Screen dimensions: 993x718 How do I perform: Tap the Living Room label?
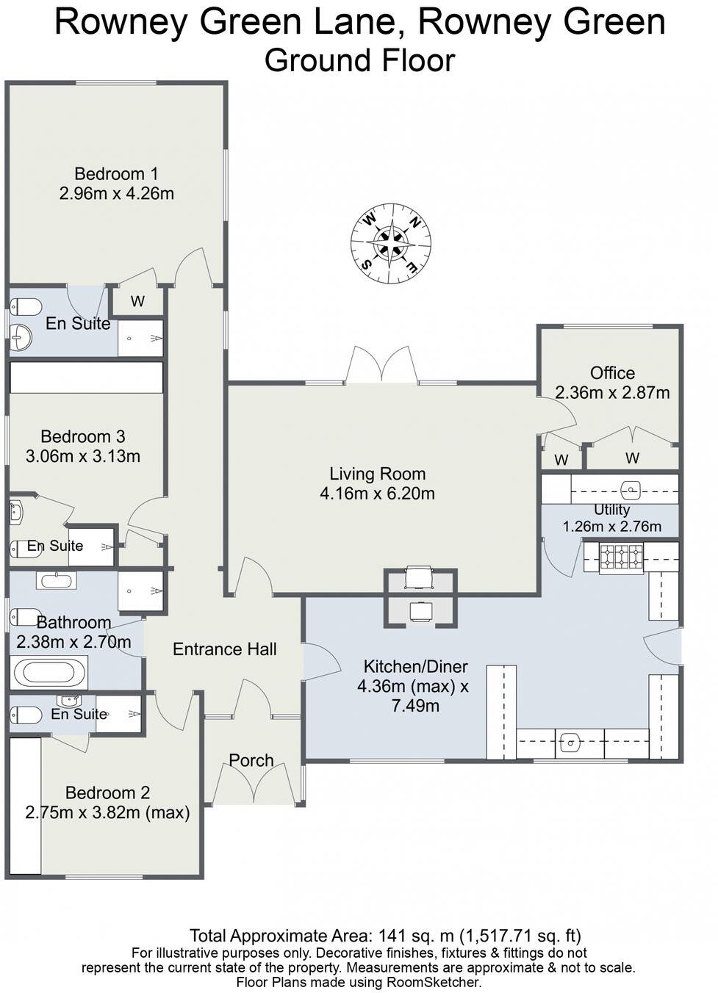coord(377,474)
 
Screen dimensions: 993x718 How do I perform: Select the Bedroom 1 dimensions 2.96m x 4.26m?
coord(116,194)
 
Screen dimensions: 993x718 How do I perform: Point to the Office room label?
coord(612,373)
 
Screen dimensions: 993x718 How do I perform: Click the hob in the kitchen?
coord(622,557)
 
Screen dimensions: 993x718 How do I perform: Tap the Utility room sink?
coord(631,488)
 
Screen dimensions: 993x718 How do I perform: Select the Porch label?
coord(251,760)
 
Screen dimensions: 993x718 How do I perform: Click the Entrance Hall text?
coord(224,649)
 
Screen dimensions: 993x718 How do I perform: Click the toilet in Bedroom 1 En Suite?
coord(26,306)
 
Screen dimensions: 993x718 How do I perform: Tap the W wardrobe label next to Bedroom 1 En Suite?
coord(137,302)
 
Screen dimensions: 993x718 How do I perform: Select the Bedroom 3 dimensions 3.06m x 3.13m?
coord(82,456)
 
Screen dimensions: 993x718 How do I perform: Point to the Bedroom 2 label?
coord(107,793)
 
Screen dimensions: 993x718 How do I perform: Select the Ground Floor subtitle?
coord(359,60)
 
